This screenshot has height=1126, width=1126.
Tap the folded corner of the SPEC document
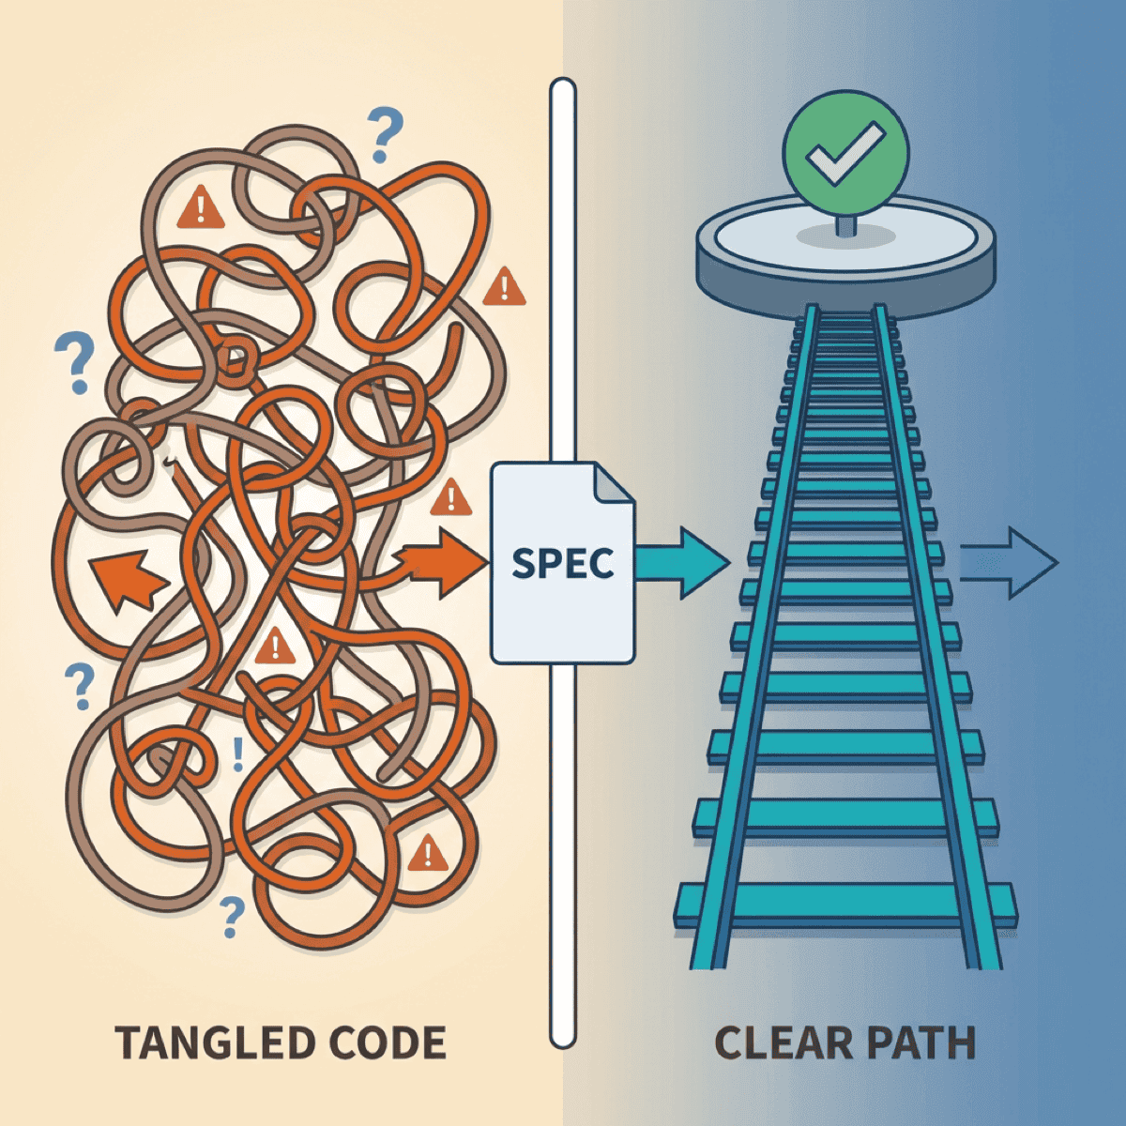pos(614,483)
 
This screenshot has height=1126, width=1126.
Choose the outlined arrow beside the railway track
pos(1010,563)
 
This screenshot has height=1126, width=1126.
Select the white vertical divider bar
pos(563,281)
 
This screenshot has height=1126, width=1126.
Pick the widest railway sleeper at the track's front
pos(844,905)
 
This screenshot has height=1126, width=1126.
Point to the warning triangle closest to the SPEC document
pos(451,498)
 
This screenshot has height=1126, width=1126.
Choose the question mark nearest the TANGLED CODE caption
pos(230,916)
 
